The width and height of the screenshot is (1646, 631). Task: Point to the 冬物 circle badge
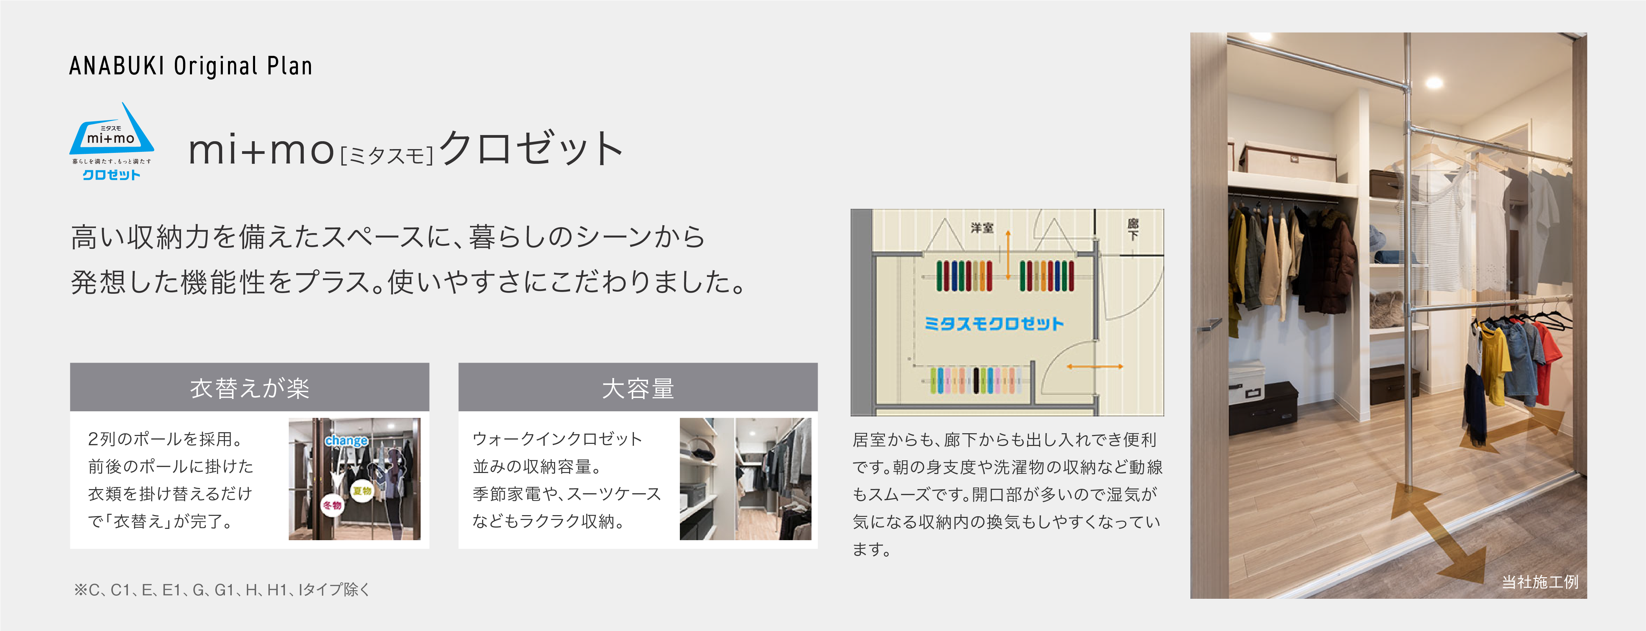(332, 505)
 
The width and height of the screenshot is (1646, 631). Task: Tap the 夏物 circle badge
(362, 490)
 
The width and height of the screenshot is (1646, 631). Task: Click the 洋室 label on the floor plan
(982, 227)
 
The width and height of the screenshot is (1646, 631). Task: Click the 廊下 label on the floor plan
(1133, 229)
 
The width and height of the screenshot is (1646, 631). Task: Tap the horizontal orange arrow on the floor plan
(1095, 367)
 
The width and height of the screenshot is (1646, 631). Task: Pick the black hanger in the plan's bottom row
(976, 381)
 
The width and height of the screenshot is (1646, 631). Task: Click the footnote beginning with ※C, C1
(222, 590)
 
